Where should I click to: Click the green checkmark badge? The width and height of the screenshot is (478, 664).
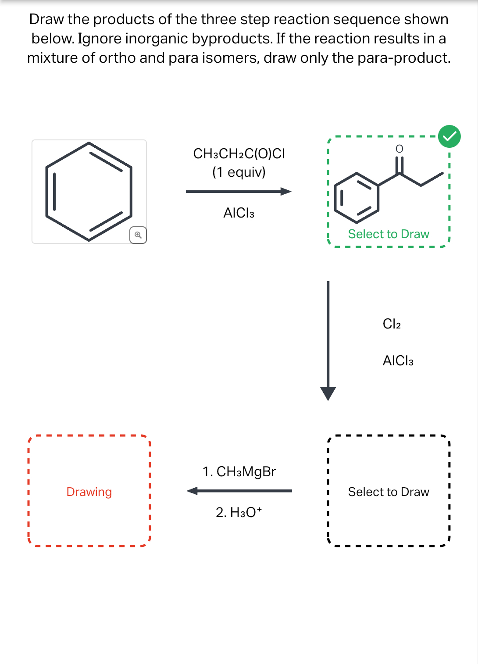click(449, 136)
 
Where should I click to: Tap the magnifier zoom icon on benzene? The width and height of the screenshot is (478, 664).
click(138, 235)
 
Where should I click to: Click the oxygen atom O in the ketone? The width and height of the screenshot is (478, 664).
click(399, 149)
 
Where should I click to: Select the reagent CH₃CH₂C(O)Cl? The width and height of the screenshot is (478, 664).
click(239, 154)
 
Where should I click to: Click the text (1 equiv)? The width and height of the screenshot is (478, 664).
click(239, 172)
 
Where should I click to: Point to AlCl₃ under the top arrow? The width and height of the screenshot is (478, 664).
click(239, 213)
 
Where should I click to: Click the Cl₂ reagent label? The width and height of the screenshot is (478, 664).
click(392, 324)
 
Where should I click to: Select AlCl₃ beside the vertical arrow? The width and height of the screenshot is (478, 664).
click(398, 361)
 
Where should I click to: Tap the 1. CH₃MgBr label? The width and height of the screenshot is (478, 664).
click(239, 471)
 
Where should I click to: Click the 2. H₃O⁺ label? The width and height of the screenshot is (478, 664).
click(239, 512)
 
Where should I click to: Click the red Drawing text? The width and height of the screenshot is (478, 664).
click(89, 492)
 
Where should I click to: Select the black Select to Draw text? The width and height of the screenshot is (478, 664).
click(389, 492)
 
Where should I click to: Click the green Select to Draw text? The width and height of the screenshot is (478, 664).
click(389, 234)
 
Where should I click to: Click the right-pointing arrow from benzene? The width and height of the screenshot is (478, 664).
click(239, 191)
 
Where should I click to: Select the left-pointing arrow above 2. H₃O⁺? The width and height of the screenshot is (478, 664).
click(239, 491)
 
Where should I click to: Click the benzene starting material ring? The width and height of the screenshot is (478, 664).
click(89, 192)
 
